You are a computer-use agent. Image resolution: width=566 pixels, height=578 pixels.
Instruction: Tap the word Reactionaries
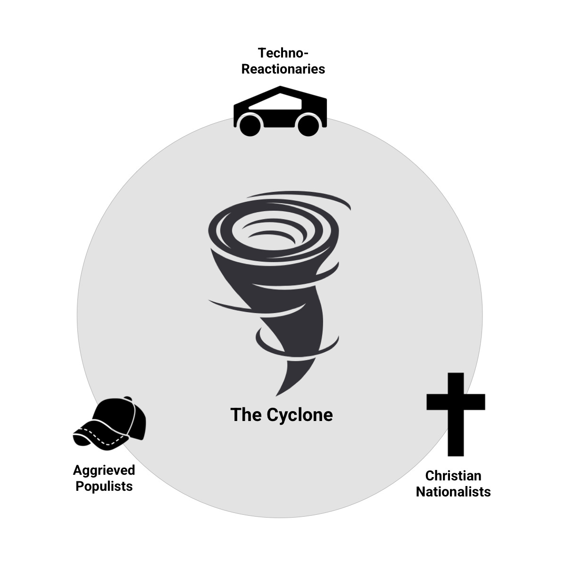[283, 69]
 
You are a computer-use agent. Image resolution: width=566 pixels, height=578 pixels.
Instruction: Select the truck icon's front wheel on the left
[250, 124]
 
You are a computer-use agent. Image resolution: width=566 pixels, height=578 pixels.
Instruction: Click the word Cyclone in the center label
[300, 415]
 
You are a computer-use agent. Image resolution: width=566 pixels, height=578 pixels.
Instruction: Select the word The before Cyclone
[246, 415]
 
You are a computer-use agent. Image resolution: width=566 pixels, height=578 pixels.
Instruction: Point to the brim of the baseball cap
[94, 436]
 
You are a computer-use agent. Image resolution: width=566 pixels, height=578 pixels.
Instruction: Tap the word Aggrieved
[104, 470]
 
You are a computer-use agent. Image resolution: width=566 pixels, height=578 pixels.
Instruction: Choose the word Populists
[104, 486]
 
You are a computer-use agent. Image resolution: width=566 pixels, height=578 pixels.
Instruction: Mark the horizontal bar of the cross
[456, 402]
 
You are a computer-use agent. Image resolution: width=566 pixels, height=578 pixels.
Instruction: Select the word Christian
[453, 475]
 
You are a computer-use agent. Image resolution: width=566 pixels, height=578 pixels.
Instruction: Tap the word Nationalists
[453, 492]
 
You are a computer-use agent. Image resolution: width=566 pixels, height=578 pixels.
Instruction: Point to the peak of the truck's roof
[281, 88]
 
